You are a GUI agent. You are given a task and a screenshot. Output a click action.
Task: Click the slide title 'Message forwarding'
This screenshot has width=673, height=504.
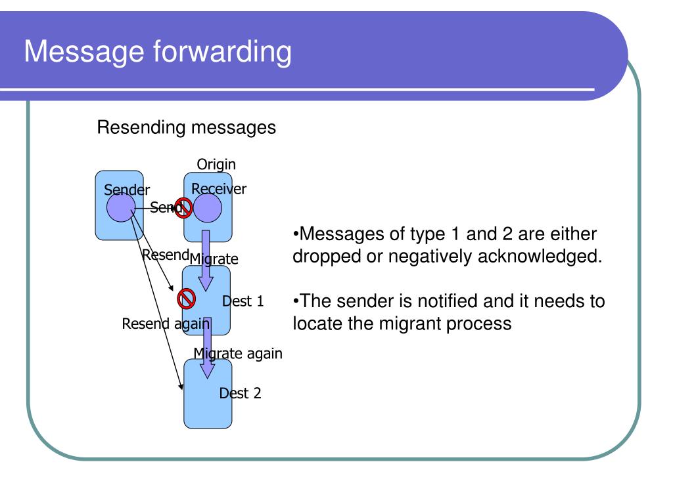(158, 52)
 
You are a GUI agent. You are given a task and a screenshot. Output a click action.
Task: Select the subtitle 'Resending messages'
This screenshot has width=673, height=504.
(186, 127)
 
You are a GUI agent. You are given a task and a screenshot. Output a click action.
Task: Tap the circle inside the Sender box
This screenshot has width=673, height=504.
(121, 209)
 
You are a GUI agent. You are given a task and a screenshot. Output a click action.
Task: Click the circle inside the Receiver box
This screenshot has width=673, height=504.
(208, 209)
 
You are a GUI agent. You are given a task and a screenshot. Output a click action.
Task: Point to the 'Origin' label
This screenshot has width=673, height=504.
(216, 164)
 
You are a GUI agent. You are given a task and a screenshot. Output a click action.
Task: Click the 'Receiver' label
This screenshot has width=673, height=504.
(219, 189)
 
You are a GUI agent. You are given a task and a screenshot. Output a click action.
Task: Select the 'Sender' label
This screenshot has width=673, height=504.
(127, 190)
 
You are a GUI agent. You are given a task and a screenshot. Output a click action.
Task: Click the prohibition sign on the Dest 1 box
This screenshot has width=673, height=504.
(187, 299)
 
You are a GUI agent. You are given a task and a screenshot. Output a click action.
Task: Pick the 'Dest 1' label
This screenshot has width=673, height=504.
(243, 301)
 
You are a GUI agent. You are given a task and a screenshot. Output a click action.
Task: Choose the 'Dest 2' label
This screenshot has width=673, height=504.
(240, 393)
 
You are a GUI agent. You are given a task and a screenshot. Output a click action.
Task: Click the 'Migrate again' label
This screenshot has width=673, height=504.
(237, 354)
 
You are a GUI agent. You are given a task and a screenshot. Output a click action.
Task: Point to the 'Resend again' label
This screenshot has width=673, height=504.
(166, 324)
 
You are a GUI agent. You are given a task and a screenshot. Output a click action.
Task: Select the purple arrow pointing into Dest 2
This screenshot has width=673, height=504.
(207, 348)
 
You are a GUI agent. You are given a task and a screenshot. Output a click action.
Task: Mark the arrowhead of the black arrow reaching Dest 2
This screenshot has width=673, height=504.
(182, 388)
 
